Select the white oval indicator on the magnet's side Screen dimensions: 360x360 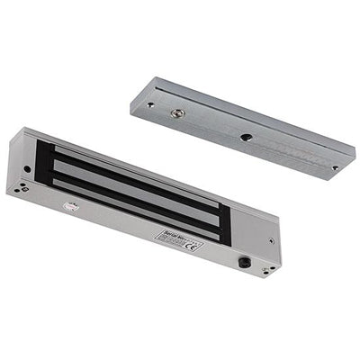click(71, 206)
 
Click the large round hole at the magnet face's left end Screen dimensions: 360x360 click(27, 168)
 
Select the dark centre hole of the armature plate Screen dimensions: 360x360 click(245, 137)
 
